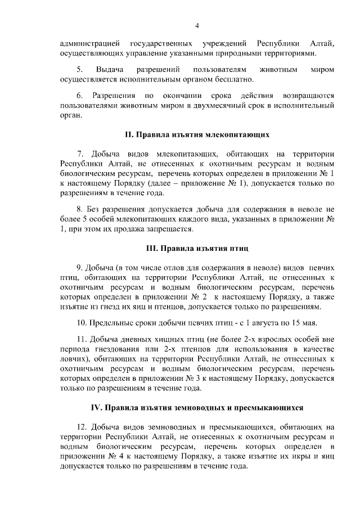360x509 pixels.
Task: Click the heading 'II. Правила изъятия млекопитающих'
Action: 197,135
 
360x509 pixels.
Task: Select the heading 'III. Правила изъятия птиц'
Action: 197,247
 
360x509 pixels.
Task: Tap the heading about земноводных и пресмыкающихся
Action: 197,406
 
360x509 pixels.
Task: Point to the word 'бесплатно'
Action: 226,80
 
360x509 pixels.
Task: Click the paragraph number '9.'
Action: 80,267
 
